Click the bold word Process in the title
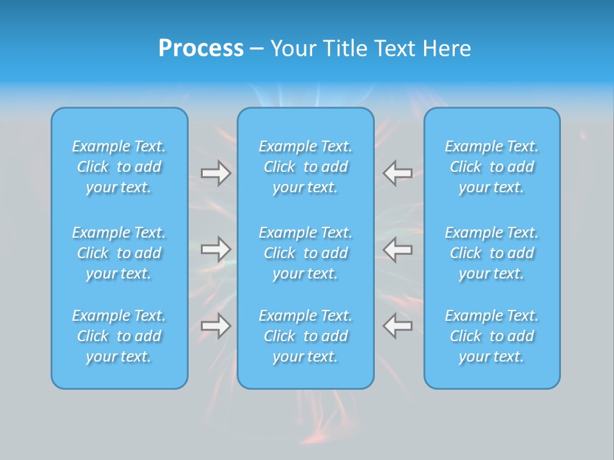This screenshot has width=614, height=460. coord(201,49)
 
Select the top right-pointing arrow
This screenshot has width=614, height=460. coord(216,173)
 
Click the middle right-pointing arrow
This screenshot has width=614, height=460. coord(216,249)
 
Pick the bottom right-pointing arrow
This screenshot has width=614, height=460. coord(216,326)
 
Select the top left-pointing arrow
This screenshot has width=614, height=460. coord(398,173)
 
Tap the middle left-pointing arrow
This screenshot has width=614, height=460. coord(398,249)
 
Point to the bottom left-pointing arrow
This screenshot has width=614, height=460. coord(398,326)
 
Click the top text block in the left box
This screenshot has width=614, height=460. coord(119,167)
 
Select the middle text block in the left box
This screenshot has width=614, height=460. coord(119,253)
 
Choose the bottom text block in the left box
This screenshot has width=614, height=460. coord(119,336)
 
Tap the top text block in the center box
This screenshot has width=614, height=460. coord(306,167)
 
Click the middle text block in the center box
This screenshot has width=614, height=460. coord(306,253)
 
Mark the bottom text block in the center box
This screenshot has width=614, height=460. coord(306,336)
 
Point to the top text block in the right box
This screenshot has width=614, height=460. coord(492,167)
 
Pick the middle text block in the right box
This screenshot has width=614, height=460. coord(492,253)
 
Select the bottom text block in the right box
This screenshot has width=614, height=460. coord(492,336)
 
